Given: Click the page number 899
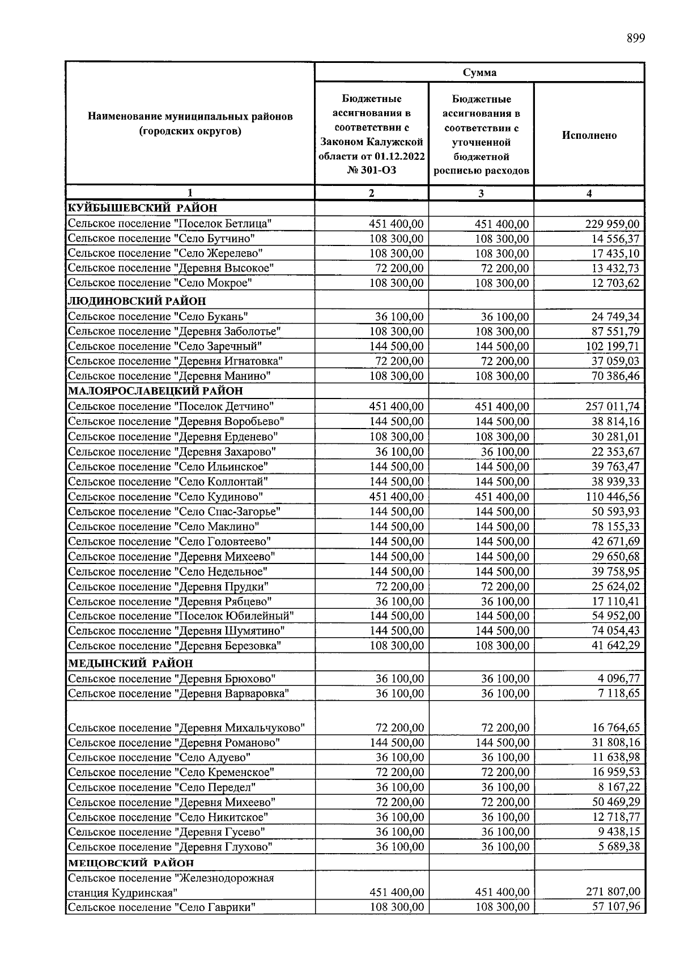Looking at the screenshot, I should [635, 39].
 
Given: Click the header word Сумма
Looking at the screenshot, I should [479, 73].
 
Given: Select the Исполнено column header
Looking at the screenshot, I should [589, 135].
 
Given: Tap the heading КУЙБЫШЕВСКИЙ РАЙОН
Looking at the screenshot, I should [142, 208].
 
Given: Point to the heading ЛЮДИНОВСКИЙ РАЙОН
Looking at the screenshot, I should [137, 301].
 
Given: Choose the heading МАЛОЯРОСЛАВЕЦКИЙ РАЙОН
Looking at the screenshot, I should [155, 391].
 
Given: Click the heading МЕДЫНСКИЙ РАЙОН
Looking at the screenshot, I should [130, 663].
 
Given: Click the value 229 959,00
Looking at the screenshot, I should [612, 224].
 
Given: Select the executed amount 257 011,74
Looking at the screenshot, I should [612, 406].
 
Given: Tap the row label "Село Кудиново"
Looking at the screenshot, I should [165, 497].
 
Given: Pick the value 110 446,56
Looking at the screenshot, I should [612, 497].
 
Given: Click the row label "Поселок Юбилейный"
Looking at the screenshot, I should [181, 616].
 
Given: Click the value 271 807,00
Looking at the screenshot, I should [612, 892].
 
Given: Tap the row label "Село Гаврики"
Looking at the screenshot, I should [161, 907].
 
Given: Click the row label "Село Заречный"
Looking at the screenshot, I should [165, 346].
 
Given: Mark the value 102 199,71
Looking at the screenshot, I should [612, 346].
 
